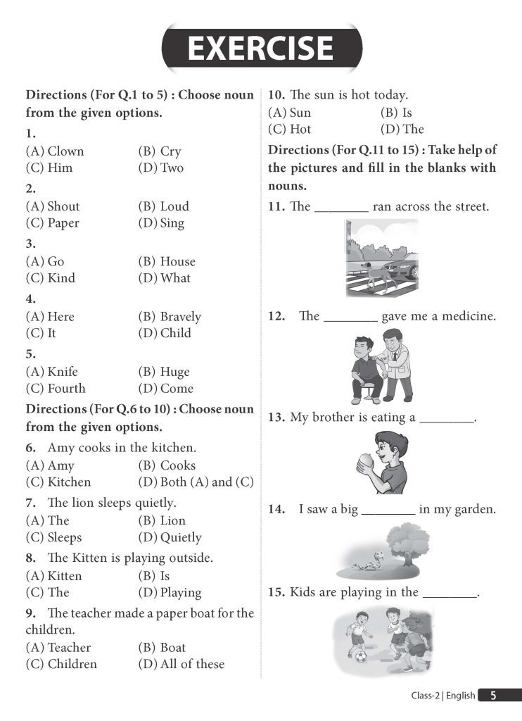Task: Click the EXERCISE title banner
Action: [261, 49]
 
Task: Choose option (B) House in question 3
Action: [167, 261]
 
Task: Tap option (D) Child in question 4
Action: [165, 333]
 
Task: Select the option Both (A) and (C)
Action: [196, 482]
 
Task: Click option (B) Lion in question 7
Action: [163, 521]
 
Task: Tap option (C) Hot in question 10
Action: [290, 130]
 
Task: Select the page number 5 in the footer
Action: [493, 696]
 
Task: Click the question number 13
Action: [276, 418]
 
